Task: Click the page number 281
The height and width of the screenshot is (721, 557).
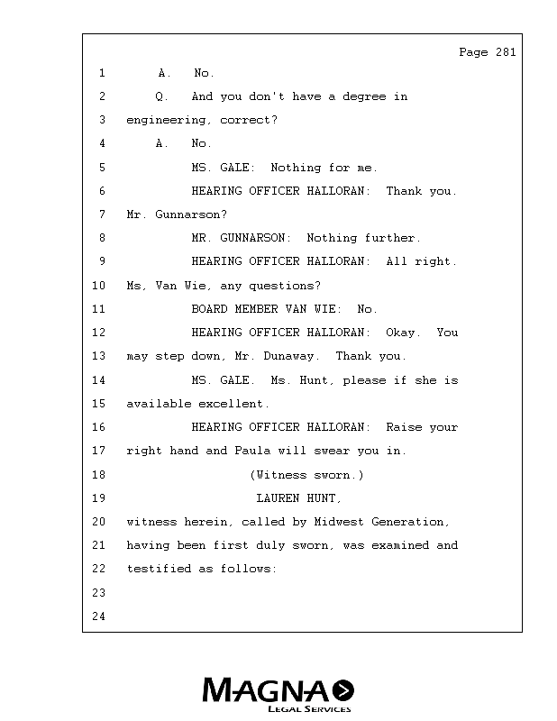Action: point(506,52)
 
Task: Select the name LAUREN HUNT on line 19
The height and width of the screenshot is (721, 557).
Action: point(299,497)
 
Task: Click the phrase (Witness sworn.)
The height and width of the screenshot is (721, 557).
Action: point(306,474)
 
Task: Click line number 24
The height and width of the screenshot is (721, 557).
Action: point(98,616)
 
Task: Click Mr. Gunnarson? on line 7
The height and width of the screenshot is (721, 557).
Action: point(177,214)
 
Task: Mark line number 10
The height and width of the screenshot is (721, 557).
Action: point(98,286)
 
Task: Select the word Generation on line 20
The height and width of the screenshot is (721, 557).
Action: point(411,522)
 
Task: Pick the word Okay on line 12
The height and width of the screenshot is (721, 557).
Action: point(400,333)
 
